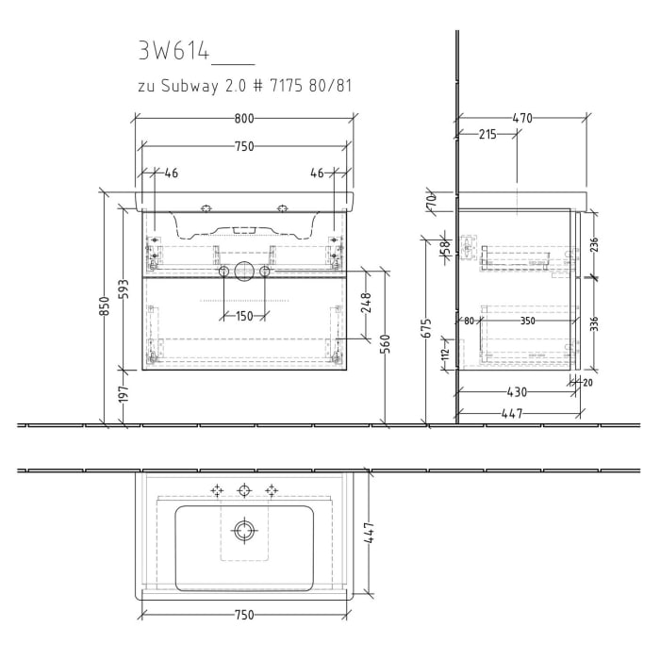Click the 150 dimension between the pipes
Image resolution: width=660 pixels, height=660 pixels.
244,316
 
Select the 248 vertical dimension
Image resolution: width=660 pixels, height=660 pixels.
366,302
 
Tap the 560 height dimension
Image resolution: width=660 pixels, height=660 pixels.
385,346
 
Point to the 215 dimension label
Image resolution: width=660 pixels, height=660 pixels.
487,135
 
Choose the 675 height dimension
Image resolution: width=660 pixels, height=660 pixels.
426,328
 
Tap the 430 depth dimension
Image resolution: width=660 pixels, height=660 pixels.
516,392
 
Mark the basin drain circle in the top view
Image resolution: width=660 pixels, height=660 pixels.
244,531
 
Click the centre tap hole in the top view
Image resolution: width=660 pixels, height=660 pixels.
244,489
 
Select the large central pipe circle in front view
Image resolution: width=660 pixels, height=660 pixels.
244,272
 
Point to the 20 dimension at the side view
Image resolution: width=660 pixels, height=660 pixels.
588,382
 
